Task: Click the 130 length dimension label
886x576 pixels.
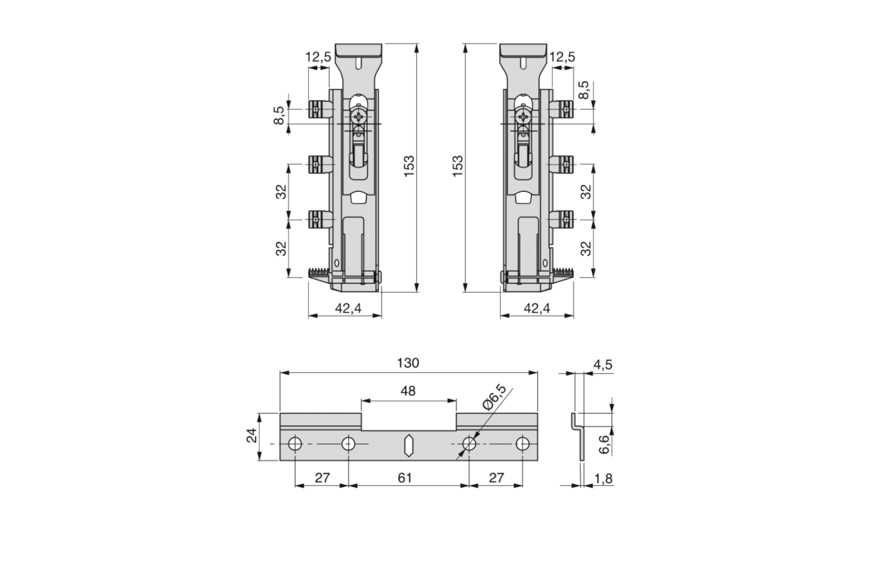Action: pos(408,363)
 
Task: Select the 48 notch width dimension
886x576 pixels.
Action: pos(408,391)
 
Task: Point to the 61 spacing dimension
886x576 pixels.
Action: pos(405,478)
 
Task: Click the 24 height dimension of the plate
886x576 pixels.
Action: pos(252,435)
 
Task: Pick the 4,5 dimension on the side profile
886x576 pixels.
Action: pos(603,365)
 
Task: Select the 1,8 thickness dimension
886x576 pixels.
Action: pos(603,479)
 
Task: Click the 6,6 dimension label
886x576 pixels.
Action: pos(604,444)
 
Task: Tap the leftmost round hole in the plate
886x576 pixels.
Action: pos(295,444)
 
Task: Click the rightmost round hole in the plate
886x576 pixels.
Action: pos(523,444)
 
